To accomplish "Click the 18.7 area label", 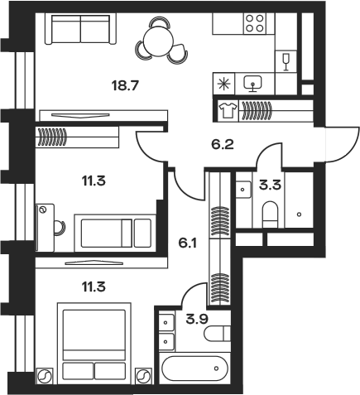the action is click(x=124, y=85).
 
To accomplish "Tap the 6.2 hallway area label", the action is click(x=223, y=144).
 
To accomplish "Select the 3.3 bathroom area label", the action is click(x=270, y=185).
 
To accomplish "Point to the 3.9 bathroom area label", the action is click(x=197, y=320).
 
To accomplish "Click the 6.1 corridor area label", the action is click(x=188, y=243).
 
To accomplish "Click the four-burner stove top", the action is click(x=255, y=23).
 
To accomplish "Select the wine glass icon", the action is click(x=286, y=62).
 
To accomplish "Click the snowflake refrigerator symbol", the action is click(x=223, y=84).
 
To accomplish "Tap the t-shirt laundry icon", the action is click(x=228, y=110).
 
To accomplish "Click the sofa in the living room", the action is click(x=81, y=29).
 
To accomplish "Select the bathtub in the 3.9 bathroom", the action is click(x=194, y=368).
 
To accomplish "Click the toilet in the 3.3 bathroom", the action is click(x=270, y=214).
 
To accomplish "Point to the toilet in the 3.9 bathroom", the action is click(x=217, y=334).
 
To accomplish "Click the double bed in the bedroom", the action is click(x=94, y=344).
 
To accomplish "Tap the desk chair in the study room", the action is click(x=60, y=228).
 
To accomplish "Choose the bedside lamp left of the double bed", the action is click(x=45, y=376).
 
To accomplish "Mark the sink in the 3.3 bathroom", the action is click(x=243, y=190).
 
